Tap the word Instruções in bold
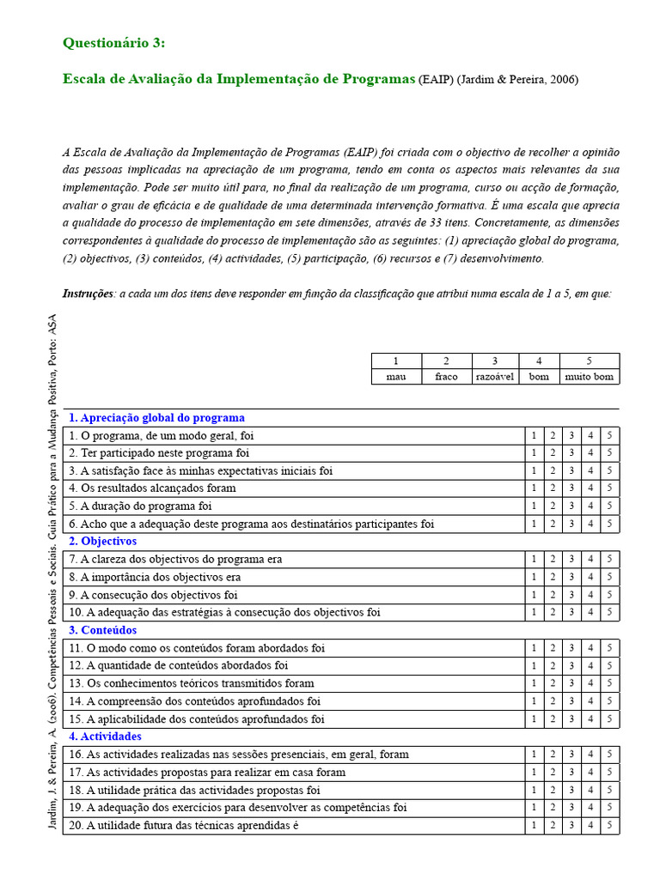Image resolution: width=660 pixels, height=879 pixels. (89, 294)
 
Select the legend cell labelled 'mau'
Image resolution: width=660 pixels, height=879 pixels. (395, 377)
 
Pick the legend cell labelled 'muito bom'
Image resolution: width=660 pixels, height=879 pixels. (590, 377)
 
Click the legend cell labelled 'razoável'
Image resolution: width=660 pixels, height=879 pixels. (494, 377)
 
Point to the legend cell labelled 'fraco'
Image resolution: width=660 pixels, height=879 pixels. (446, 377)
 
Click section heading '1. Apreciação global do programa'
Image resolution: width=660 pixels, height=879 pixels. (156, 418)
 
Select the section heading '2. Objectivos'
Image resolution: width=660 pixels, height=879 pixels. (102, 542)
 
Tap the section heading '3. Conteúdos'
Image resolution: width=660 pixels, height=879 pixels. (102, 630)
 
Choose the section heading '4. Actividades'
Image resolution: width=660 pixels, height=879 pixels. (105, 737)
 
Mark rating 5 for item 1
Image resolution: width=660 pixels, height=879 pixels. (609, 435)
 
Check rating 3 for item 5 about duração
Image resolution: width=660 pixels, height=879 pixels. (571, 506)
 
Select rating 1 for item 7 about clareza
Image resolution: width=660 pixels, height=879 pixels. (534, 560)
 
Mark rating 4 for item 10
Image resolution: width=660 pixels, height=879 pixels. (590, 613)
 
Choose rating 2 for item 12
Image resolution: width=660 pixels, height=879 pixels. (553, 666)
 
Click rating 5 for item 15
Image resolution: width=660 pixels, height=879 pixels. (609, 719)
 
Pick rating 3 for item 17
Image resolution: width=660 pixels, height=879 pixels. (571, 773)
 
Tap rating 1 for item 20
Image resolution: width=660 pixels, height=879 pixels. (534, 826)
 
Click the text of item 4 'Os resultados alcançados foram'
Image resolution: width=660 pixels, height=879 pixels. (152, 488)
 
